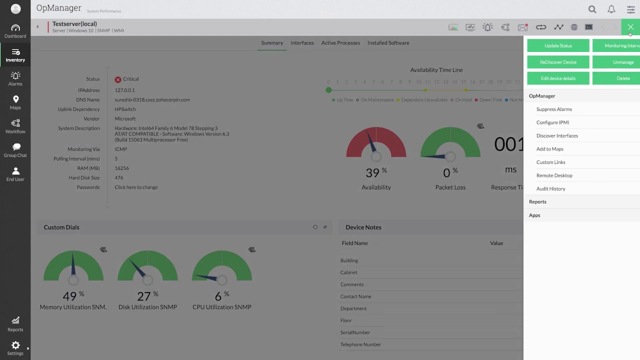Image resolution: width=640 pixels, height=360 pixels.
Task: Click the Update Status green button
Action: [558, 45]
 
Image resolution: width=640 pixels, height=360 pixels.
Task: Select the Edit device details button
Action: [558, 78]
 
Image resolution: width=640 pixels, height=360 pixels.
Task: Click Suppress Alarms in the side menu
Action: [554, 109]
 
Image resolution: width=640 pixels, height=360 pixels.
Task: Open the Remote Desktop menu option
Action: [554, 175]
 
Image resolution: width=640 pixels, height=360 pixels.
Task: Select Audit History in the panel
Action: [550, 188]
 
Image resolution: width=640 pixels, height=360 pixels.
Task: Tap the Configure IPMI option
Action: [552, 122]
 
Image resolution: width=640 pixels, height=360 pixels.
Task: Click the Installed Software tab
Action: [388, 43]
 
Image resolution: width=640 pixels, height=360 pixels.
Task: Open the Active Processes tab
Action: [340, 43]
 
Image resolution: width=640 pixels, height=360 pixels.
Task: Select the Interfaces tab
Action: [302, 43]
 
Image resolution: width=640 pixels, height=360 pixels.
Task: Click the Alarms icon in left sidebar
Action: [15, 78]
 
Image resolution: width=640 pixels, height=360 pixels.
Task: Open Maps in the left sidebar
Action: [15, 102]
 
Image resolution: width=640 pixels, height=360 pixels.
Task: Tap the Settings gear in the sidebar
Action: [15, 347]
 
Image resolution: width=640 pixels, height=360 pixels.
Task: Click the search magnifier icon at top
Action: [592, 9]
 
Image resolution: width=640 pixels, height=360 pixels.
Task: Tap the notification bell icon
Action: [611, 9]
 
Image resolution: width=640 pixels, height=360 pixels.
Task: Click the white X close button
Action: [630, 27]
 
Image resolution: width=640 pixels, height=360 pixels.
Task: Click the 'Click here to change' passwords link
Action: [136, 187]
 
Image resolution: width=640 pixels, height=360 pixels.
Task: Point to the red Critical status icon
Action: [118, 79]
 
